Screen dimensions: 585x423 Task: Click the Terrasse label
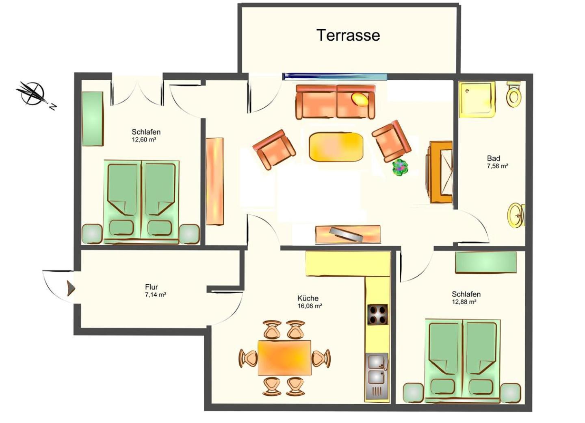(348, 35)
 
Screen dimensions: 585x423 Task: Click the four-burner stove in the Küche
(377, 314)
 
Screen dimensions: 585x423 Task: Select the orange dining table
(284, 358)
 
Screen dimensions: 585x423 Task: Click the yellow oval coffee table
(336, 146)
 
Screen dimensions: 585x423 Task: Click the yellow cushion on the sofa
(360, 100)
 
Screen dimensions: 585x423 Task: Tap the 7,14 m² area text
(156, 295)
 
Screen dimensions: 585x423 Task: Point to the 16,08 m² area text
(310, 306)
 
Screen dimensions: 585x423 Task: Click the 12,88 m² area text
(464, 302)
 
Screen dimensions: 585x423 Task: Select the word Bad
(494, 158)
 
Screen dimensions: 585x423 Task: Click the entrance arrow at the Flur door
(71, 288)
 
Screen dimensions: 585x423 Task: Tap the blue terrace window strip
(335, 76)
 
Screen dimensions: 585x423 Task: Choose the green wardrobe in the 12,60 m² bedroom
(93, 119)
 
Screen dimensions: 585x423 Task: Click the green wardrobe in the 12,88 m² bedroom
(486, 262)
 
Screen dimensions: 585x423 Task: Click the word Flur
(152, 287)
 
